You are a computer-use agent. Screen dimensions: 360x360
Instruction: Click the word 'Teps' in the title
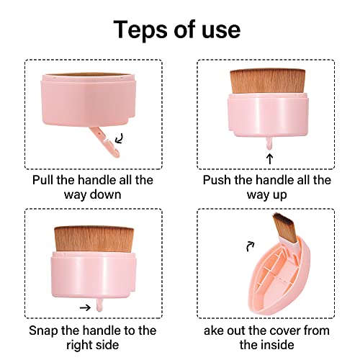[x=143, y=30]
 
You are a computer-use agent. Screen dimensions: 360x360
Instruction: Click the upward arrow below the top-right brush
[x=270, y=156]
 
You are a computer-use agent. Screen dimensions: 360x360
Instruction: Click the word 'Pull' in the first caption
[x=45, y=181]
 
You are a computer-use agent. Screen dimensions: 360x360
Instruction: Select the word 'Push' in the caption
[x=218, y=181]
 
